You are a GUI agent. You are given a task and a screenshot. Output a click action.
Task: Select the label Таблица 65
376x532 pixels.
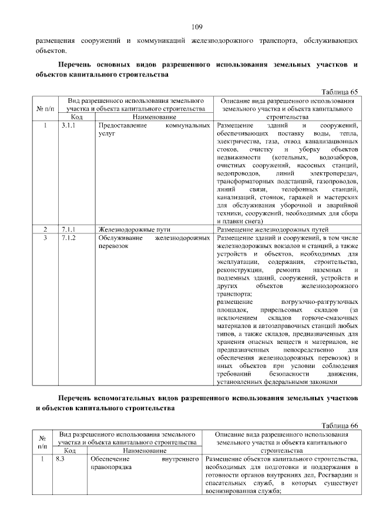point(338,92)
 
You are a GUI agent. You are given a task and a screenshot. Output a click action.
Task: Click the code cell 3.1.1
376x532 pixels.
point(68,126)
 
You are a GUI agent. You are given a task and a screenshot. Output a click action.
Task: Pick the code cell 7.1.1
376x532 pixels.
point(68,229)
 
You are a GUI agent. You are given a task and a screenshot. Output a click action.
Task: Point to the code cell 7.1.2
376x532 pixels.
point(68,237)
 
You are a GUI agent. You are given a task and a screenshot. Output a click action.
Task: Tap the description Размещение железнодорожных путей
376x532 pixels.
point(273,229)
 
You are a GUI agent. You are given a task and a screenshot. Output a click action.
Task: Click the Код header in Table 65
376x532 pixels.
point(78,118)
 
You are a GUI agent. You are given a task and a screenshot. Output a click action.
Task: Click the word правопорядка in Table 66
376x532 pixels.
point(111,467)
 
